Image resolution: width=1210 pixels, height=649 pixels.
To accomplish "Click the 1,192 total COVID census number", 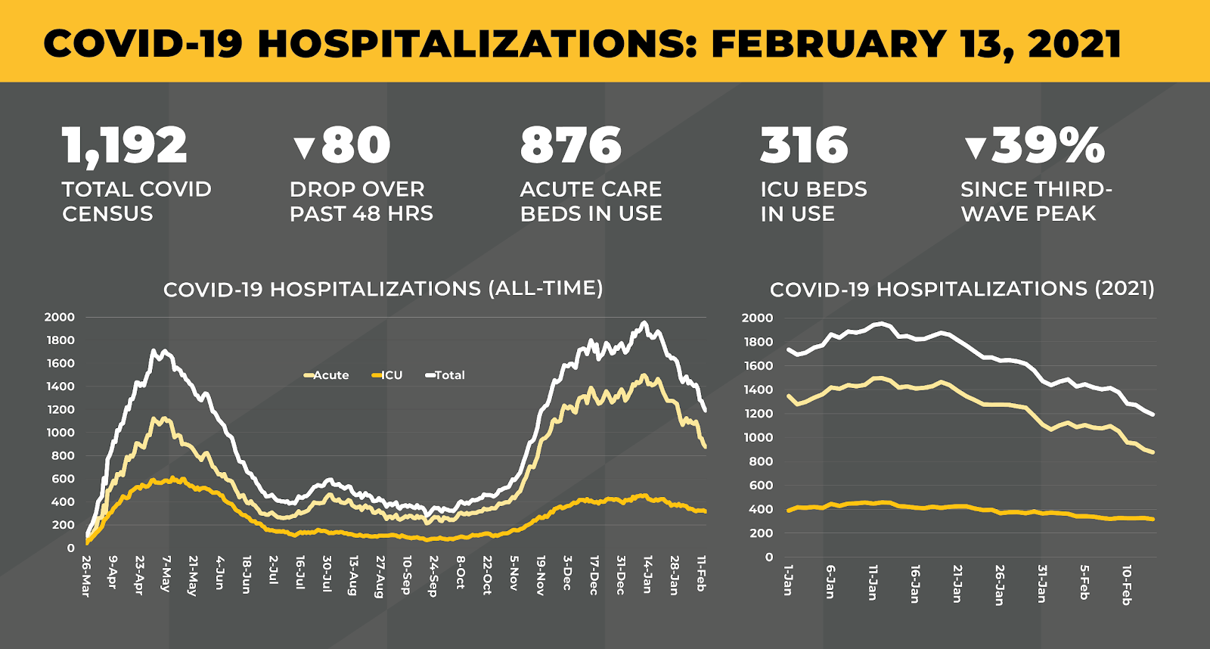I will tap(125, 145).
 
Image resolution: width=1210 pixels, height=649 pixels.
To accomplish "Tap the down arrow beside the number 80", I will tap(304, 147).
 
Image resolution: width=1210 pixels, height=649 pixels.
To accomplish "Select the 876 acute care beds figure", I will tap(571, 145).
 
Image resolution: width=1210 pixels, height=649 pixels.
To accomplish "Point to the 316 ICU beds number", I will tap(804, 145).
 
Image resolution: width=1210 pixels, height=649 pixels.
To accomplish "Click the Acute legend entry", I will tap(327, 375).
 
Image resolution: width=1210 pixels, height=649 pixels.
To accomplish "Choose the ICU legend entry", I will tap(388, 375).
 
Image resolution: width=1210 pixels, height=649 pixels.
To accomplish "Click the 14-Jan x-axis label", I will tap(647, 575).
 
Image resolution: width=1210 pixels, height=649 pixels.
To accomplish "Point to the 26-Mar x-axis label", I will tap(86, 576).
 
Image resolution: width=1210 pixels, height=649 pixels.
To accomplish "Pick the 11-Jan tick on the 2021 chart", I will tap(873, 582).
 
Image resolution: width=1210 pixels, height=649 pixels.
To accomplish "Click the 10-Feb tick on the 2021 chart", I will tap(1127, 584).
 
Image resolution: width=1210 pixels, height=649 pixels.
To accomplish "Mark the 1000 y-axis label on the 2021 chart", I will tap(758, 437).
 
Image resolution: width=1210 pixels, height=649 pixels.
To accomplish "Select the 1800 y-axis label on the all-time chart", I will tap(60, 340).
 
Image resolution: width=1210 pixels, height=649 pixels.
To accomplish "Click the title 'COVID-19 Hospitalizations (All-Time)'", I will tap(383, 289).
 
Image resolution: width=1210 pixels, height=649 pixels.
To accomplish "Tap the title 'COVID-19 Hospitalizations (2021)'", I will tap(962, 289).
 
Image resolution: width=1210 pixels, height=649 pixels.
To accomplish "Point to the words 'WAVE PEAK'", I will tap(1028, 214).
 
